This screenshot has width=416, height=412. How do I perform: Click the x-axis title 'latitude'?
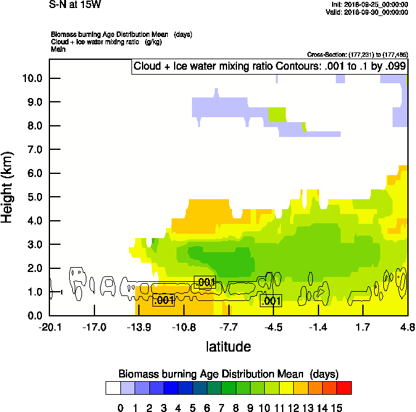click(228, 347)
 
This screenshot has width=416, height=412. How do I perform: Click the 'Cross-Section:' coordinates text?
click(357, 55)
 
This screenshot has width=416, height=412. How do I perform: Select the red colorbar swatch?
click(344, 388)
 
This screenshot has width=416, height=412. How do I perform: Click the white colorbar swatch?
click(112, 388)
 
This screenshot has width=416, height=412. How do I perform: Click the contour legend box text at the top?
click(270, 66)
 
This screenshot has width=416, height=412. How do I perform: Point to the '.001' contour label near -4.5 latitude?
click(272, 301)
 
